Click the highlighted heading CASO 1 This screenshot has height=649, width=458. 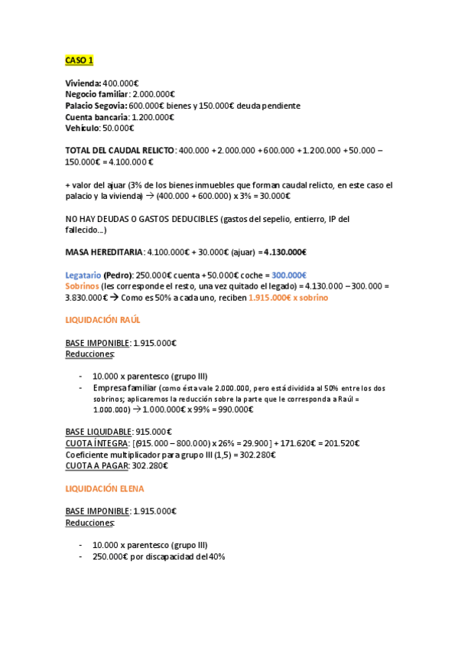[x=79, y=60]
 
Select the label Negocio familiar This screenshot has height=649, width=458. [x=97, y=94]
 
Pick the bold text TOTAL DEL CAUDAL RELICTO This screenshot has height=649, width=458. [x=120, y=151]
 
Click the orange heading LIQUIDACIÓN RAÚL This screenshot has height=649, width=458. [x=102, y=319]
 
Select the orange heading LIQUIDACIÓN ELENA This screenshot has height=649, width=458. [x=104, y=488]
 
